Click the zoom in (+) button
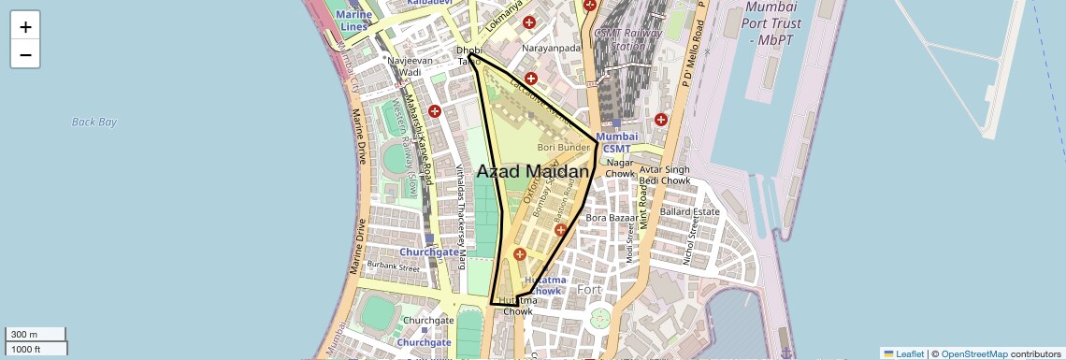(25, 27)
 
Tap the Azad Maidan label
(533, 172)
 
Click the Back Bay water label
(94, 122)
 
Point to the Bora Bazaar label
(610, 218)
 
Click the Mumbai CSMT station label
(616, 143)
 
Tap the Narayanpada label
(552, 47)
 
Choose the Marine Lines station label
(354, 21)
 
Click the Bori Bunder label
(564, 147)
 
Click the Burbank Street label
(394, 266)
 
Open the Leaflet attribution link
(903, 353)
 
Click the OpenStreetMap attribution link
(973, 353)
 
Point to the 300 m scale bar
(35, 335)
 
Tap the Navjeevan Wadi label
(416, 65)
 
